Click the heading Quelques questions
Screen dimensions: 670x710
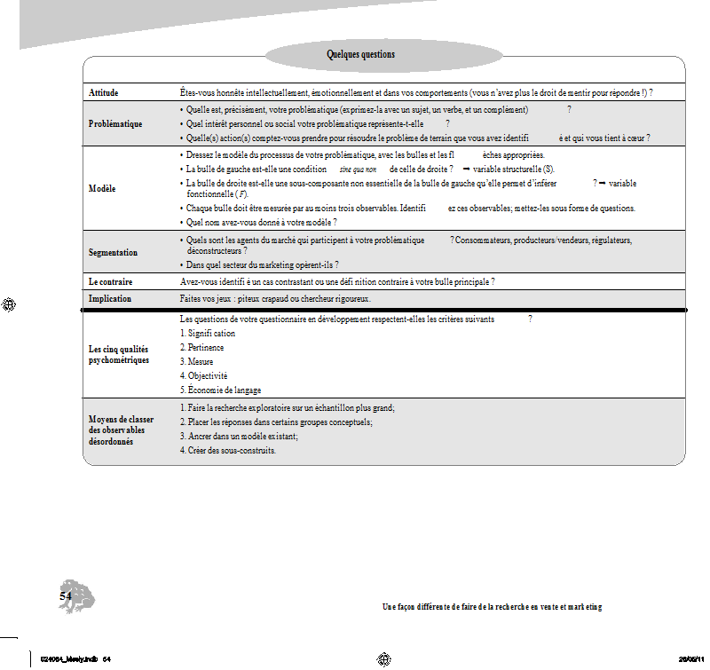click(x=360, y=55)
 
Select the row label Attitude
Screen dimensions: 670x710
click(x=104, y=92)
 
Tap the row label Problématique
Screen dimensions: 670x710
click(x=115, y=123)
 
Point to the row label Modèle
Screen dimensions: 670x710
click(x=101, y=188)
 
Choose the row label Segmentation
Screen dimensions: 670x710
click(x=113, y=252)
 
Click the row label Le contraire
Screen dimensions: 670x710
click(x=110, y=281)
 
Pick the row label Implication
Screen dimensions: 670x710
click(x=110, y=299)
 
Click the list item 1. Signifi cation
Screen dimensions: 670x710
click(x=208, y=333)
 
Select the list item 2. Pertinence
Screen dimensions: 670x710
click(x=201, y=347)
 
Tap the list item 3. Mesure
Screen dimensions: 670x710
click(x=196, y=361)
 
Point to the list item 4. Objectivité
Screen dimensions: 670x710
click(x=203, y=375)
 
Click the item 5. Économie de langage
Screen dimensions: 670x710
click(x=220, y=390)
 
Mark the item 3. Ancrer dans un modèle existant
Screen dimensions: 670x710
click(x=238, y=436)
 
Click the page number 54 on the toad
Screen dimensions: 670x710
click(x=66, y=597)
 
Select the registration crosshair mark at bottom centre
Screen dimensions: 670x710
click(x=384, y=658)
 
